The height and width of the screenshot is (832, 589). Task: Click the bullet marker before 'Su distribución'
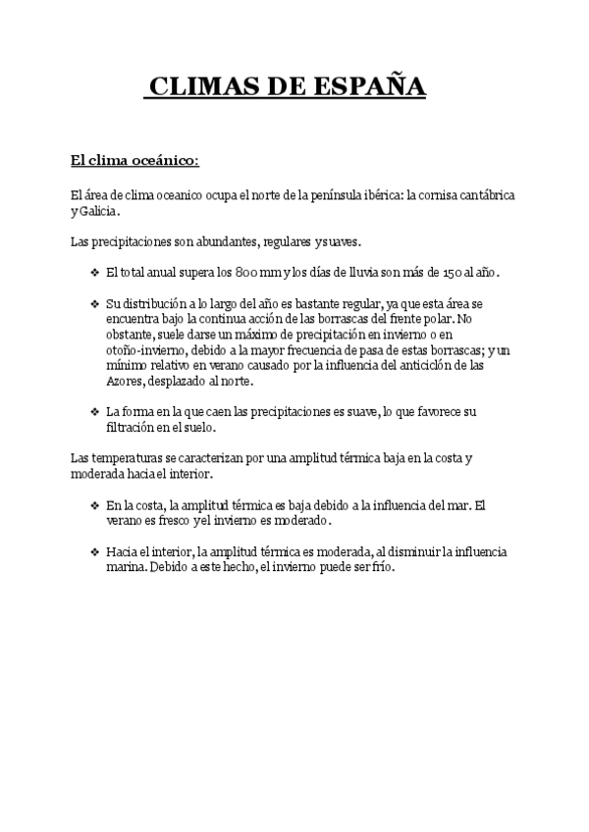pyautogui.click(x=94, y=304)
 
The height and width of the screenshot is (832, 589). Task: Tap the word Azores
pyautogui.click(x=125, y=382)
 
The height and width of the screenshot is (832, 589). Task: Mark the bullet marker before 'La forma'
pyautogui.click(x=94, y=412)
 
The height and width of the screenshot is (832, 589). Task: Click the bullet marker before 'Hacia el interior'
pyautogui.click(x=94, y=552)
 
